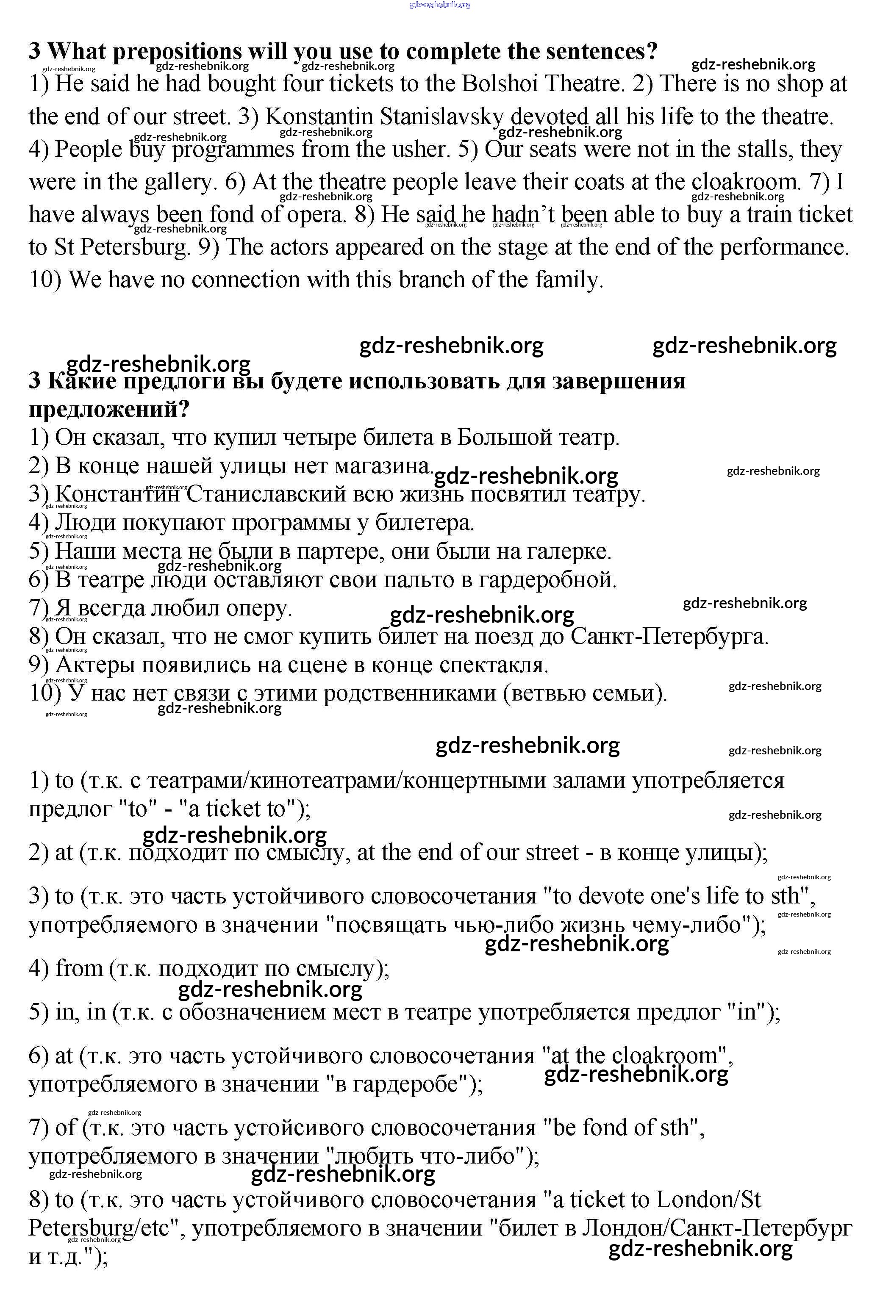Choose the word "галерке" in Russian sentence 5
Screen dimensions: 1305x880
569,551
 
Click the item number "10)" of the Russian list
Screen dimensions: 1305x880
45,693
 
